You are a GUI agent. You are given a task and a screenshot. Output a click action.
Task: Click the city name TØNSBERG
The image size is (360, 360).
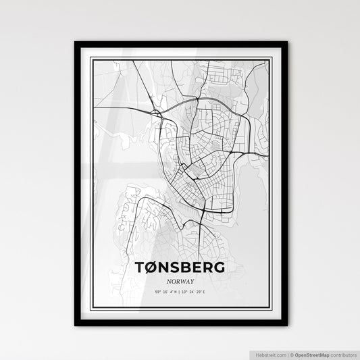click(x=180, y=268)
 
